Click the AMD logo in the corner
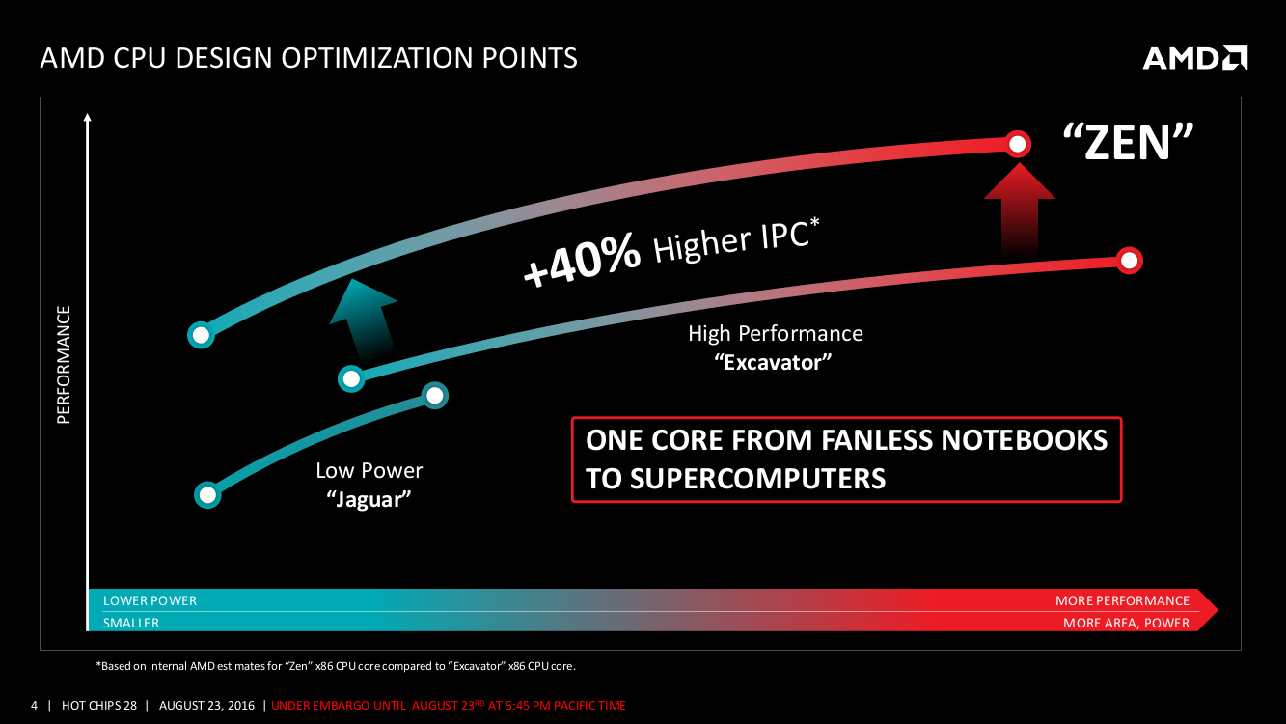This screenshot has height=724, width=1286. [x=1194, y=58]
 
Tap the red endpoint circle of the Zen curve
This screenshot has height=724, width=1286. [x=1017, y=144]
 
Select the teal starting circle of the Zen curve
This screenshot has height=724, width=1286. [x=201, y=335]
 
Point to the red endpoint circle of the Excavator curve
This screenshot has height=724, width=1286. [x=1130, y=261]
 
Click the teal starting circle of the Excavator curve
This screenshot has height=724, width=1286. [x=351, y=378]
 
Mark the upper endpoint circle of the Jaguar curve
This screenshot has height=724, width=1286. [x=434, y=396]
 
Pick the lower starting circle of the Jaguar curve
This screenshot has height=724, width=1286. [x=207, y=494]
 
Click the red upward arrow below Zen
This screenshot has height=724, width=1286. [x=1020, y=209]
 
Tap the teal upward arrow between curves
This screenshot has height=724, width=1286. [x=364, y=319]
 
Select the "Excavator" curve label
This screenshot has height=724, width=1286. [x=773, y=363]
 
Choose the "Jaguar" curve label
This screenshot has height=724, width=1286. [x=369, y=499]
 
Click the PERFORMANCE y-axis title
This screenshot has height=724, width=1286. [x=63, y=365]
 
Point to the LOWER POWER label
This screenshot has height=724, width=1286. [x=150, y=600]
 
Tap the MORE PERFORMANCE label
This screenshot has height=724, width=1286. [x=1122, y=600]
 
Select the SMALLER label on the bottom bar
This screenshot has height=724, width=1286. [x=131, y=623]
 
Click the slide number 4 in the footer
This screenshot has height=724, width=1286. [x=34, y=705]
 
